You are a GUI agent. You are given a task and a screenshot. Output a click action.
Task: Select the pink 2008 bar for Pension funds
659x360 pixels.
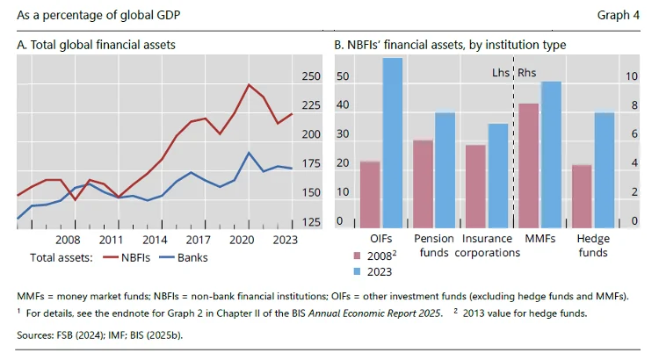coord(424,184)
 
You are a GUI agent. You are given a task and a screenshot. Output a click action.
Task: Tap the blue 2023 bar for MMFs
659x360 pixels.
coord(551,155)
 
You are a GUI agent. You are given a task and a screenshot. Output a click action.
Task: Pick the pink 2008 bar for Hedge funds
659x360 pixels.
coord(582,196)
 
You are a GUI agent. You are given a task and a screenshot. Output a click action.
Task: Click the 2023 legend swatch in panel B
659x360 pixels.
coord(358,271)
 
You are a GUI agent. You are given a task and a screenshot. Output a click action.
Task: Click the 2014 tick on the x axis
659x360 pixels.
coord(154,239)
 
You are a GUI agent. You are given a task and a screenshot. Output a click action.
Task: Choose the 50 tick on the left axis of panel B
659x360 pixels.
coord(343,76)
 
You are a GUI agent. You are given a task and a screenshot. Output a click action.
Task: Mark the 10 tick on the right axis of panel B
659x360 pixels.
coord(631,76)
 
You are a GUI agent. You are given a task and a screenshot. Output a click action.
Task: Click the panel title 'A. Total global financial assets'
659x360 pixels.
coord(96,44)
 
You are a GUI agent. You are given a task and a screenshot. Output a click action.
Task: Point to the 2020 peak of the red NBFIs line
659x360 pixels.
coord(250,84)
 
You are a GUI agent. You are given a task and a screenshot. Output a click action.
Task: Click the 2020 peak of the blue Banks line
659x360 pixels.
coord(250,153)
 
